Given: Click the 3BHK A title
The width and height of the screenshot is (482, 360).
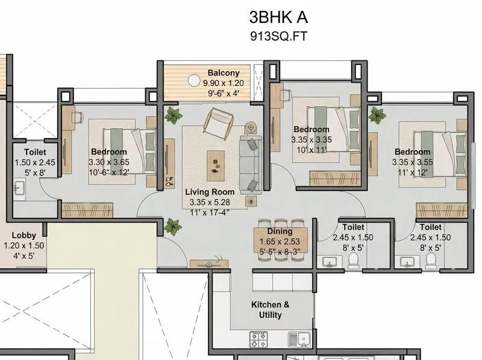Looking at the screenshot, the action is [278, 17].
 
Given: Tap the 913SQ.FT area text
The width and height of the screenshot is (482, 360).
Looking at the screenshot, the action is [278, 37].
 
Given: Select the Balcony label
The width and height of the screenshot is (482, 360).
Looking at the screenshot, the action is [224, 73].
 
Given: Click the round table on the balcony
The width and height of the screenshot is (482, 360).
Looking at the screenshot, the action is [193, 81].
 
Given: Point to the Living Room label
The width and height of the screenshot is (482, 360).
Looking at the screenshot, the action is [210, 192].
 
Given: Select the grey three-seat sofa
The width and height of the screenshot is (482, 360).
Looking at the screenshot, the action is [251, 165].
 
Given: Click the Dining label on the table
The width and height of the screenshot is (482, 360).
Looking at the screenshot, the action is [280, 232].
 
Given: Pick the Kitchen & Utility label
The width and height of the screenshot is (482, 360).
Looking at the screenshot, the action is [270, 310].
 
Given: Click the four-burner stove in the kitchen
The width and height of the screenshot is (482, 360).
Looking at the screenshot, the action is [258, 339].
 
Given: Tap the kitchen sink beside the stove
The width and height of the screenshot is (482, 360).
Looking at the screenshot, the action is [299, 339].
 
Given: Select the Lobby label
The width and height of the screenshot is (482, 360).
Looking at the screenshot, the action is [24, 235].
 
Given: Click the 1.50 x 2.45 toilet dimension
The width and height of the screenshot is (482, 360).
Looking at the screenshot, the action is [35, 162].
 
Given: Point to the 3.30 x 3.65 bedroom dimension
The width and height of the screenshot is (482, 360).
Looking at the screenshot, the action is [109, 162].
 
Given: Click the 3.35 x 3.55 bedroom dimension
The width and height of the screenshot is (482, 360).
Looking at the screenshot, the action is [413, 162].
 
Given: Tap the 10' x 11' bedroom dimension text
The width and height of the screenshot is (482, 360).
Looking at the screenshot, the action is [311, 150].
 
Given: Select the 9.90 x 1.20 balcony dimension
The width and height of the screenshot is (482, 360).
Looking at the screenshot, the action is [224, 83].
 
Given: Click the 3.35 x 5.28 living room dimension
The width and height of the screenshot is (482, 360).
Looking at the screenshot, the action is [210, 202].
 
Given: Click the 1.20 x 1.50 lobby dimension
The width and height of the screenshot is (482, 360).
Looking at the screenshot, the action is [24, 245].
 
